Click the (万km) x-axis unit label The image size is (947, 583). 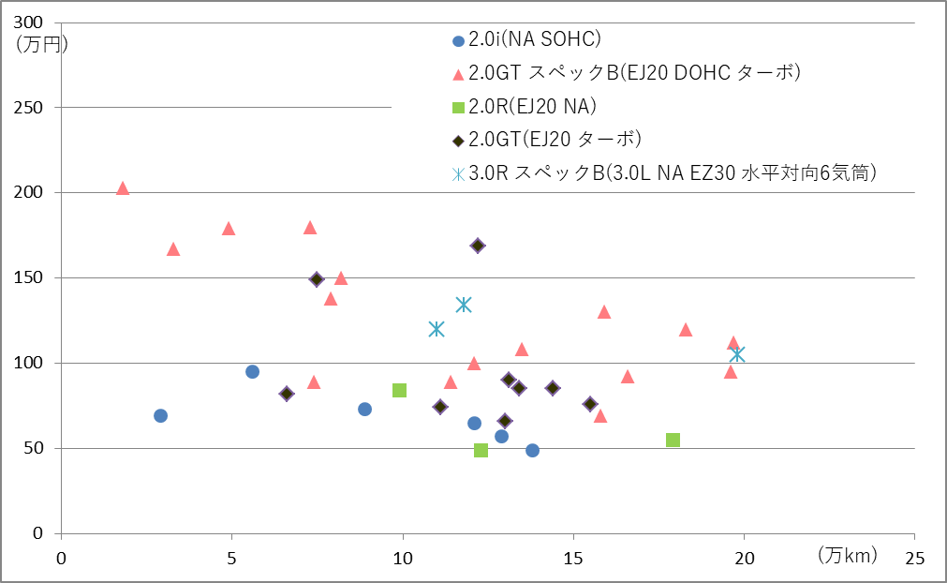click(847, 556)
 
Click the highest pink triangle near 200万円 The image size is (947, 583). click(123, 188)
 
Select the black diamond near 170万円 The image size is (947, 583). click(478, 246)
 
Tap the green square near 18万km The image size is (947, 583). click(673, 440)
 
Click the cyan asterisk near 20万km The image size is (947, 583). click(737, 354)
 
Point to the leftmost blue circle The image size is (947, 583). click(160, 415)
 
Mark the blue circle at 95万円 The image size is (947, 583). click(252, 371)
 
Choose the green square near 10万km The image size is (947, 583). click(399, 390)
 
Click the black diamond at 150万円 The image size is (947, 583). click(317, 278)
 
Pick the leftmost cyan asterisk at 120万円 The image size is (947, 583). click(437, 329)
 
